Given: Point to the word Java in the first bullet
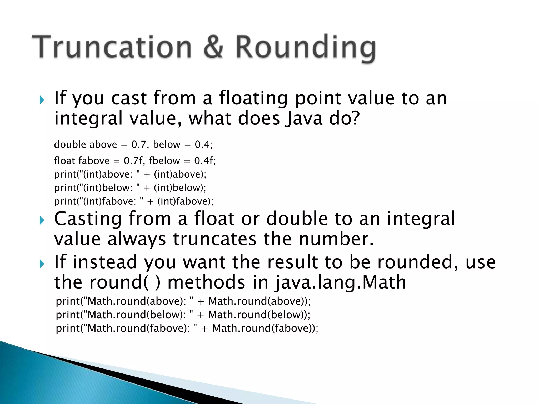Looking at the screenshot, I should [304, 118].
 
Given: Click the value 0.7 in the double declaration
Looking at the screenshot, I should [139, 144].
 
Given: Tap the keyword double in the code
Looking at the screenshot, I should [70, 144].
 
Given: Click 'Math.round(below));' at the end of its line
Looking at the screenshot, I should [259, 315].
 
